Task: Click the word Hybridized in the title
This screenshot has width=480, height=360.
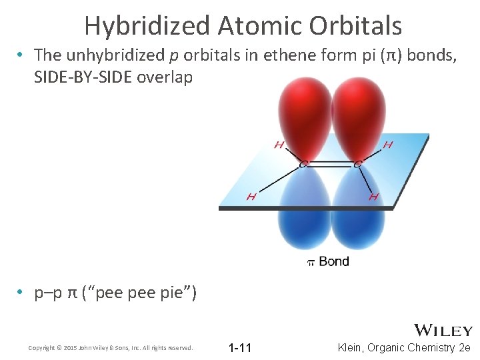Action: pyautogui.click(x=147, y=25)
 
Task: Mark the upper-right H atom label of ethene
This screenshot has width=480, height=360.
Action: pyautogui.click(x=387, y=145)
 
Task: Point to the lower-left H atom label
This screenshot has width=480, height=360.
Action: pyautogui.click(x=251, y=196)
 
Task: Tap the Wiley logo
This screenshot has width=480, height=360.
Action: pyautogui.click(x=443, y=330)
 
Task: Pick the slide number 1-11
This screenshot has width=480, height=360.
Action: pyautogui.click(x=239, y=347)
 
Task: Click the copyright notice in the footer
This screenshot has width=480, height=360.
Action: pyautogui.click(x=111, y=347)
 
